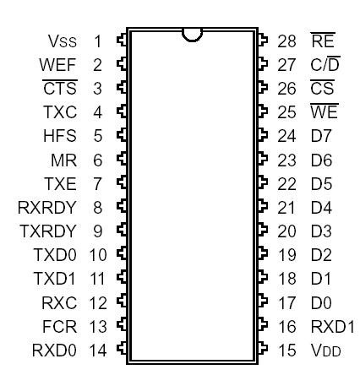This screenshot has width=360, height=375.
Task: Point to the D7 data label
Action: click(x=320, y=134)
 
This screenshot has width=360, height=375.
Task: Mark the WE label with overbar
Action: click(x=323, y=111)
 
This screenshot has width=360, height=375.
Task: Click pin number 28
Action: click(x=286, y=40)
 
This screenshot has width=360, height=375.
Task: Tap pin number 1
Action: click(x=97, y=40)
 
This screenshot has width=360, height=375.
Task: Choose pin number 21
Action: click(x=286, y=205)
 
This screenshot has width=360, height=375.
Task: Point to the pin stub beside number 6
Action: click(x=121, y=158)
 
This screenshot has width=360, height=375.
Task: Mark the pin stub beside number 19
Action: click(x=263, y=253)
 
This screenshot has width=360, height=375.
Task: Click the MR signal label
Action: click(x=66, y=158)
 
